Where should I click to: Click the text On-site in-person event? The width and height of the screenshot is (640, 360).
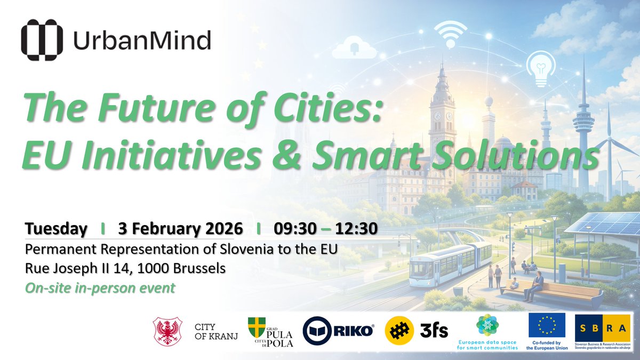(x=100, y=287)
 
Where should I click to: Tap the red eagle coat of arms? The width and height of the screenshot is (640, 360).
(x=167, y=331)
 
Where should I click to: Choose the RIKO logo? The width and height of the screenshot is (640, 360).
(x=338, y=332)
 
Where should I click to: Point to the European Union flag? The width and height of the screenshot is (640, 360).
(x=547, y=326)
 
